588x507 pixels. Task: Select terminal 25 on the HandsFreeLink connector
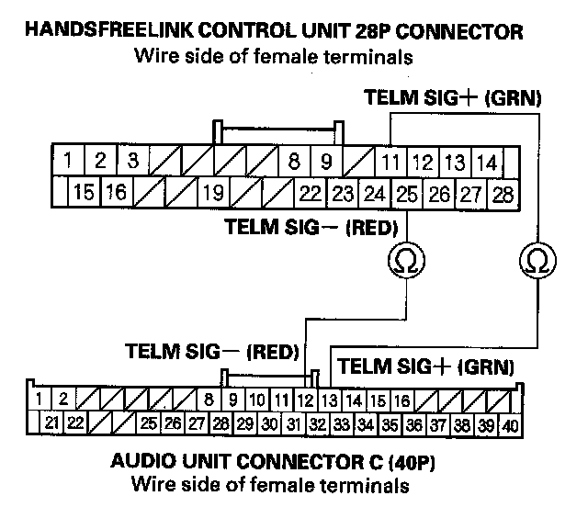pyautogui.click(x=404, y=194)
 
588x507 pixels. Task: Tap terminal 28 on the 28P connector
pyautogui.click(x=503, y=194)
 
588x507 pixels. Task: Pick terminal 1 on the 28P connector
pyautogui.click(x=69, y=162)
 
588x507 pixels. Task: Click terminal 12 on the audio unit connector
pyautogui.click(x=306, y=400)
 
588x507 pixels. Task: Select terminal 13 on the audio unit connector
pyautogui.click(x=330, y=400)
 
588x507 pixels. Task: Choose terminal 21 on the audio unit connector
pyautogui.click(x=51, y=423)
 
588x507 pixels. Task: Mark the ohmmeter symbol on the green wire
pyautogui.click(x=536, y=262)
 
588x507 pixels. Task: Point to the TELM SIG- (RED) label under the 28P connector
pyautogui.click(x=311, y=226)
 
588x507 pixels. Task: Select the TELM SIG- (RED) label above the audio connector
pyautogui.click(x=213, y=351)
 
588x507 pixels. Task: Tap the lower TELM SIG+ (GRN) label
pyautogui.click(x=426, y=366)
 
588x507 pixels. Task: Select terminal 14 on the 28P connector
pyautogui.click(x=487, y=163)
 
